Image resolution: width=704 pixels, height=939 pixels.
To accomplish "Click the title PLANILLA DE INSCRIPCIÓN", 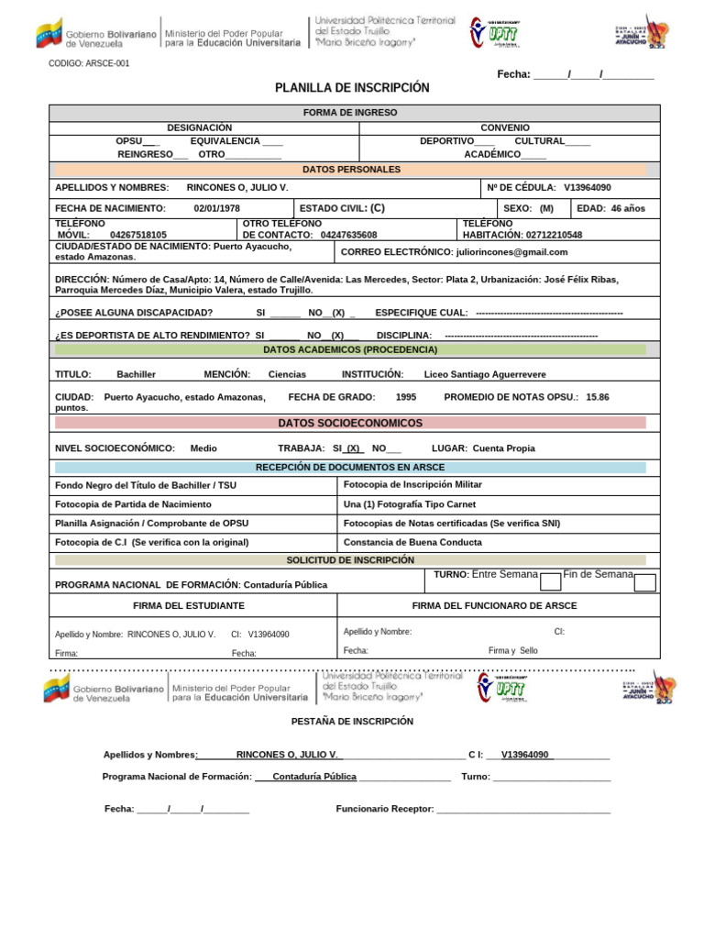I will (352, 88).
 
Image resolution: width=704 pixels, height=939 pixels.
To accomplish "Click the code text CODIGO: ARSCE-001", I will (88, 64).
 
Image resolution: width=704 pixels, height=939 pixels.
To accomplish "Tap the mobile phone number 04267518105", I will (138, 235).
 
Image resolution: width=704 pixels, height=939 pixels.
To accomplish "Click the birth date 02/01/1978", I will (217, 208).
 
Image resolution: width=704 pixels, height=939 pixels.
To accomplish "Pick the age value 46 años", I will (628, 208).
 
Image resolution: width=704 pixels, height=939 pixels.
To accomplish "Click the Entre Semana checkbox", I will (551, 582).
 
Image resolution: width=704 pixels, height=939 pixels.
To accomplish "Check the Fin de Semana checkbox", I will (644, 582).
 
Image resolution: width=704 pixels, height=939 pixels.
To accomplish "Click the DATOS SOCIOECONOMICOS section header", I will (350, 423).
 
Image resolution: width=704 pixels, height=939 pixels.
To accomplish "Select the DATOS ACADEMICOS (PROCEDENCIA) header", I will (350, 349).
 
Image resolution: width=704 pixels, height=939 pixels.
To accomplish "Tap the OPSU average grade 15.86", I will (597, 397).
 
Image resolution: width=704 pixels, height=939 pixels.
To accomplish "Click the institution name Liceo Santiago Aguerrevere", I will (485, 374).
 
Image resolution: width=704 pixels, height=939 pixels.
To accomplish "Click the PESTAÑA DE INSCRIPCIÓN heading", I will (352, 722).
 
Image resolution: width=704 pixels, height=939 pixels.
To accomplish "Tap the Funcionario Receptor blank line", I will (523, 809).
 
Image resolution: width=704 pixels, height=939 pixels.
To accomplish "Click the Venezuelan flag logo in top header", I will (49, 34).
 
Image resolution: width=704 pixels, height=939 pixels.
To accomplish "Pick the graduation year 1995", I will (406, 397).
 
